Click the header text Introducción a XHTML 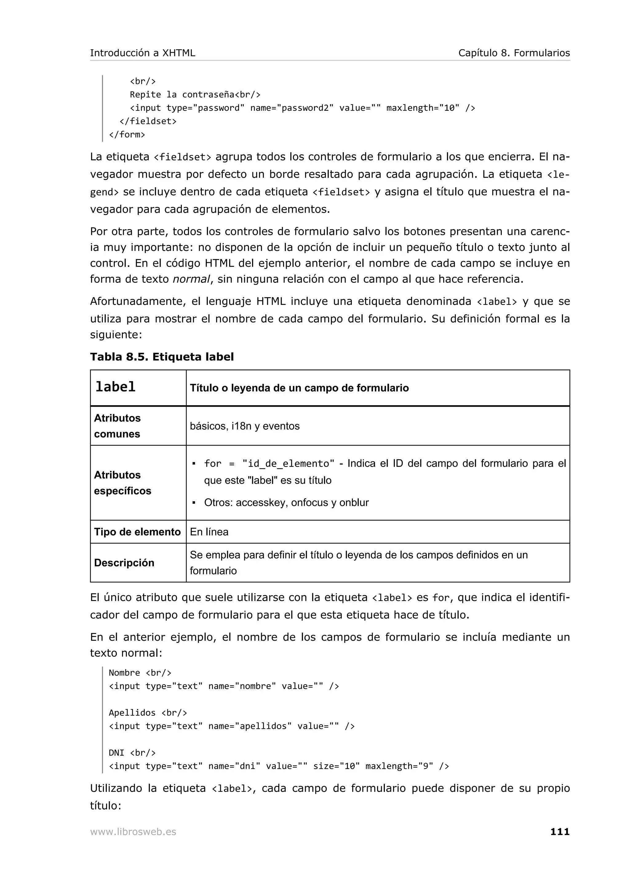pos(142,53)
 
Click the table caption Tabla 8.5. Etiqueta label pos(162,357)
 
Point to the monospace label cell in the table pos(115,387)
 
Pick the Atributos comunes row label pos(117,426)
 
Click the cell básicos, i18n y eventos pos(245,426)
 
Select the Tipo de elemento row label pos(137,532)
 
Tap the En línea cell pos(209,532)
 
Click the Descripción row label pos(124,563)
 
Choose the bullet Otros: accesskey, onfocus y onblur pos(286,503)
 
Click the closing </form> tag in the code pos(127,135)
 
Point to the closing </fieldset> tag pos(148,121)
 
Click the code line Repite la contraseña pos(195,95)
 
